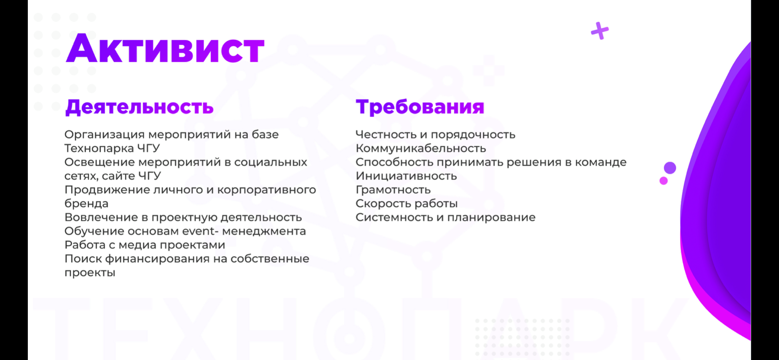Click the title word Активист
click(165, 48)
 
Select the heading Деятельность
click(140, 107)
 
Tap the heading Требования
click(420, 107)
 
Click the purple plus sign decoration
click(600, 31)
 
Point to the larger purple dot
click(670, 168)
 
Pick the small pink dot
click(663, 180)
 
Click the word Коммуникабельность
click(421, 148)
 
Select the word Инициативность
click(406, 176)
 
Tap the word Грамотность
click(393, 190)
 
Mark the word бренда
click(87, 203)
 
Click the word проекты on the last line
click(90, 273)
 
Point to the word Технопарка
click(99, 148)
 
